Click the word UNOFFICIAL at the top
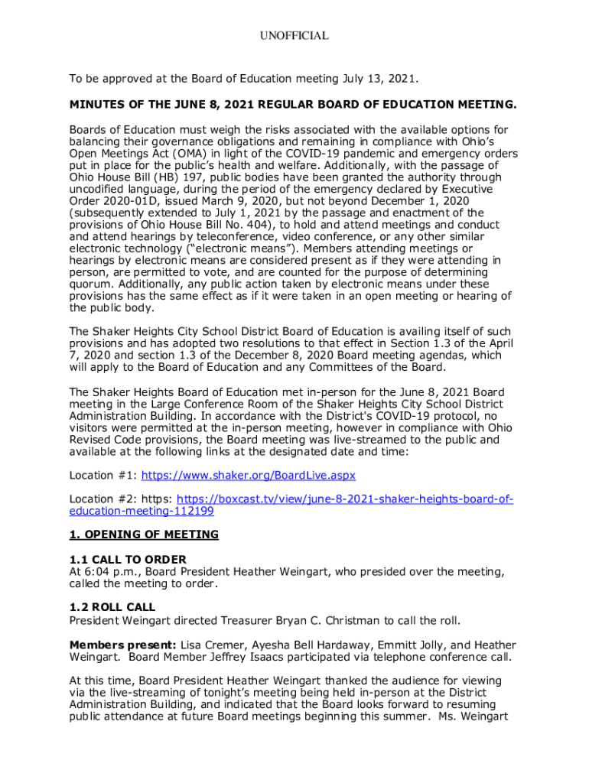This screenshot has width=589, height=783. pyautogui.click(x=294, y=36)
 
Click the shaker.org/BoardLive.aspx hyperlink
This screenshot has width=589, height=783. pyautogui.click(x=249, y=476)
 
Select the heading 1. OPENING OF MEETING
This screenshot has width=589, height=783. pyautogui.click(x=144, y=534)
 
